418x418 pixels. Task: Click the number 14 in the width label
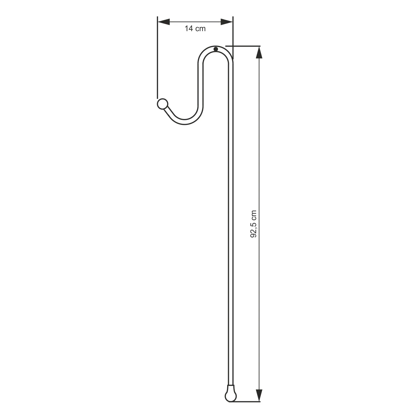[x=189, y=28]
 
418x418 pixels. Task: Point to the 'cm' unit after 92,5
[x=254, y=215]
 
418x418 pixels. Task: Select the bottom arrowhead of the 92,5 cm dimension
[x=259, y=395]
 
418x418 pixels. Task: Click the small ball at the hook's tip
[x=162, y=104]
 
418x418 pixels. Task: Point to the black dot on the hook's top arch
[x=216, y=49]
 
